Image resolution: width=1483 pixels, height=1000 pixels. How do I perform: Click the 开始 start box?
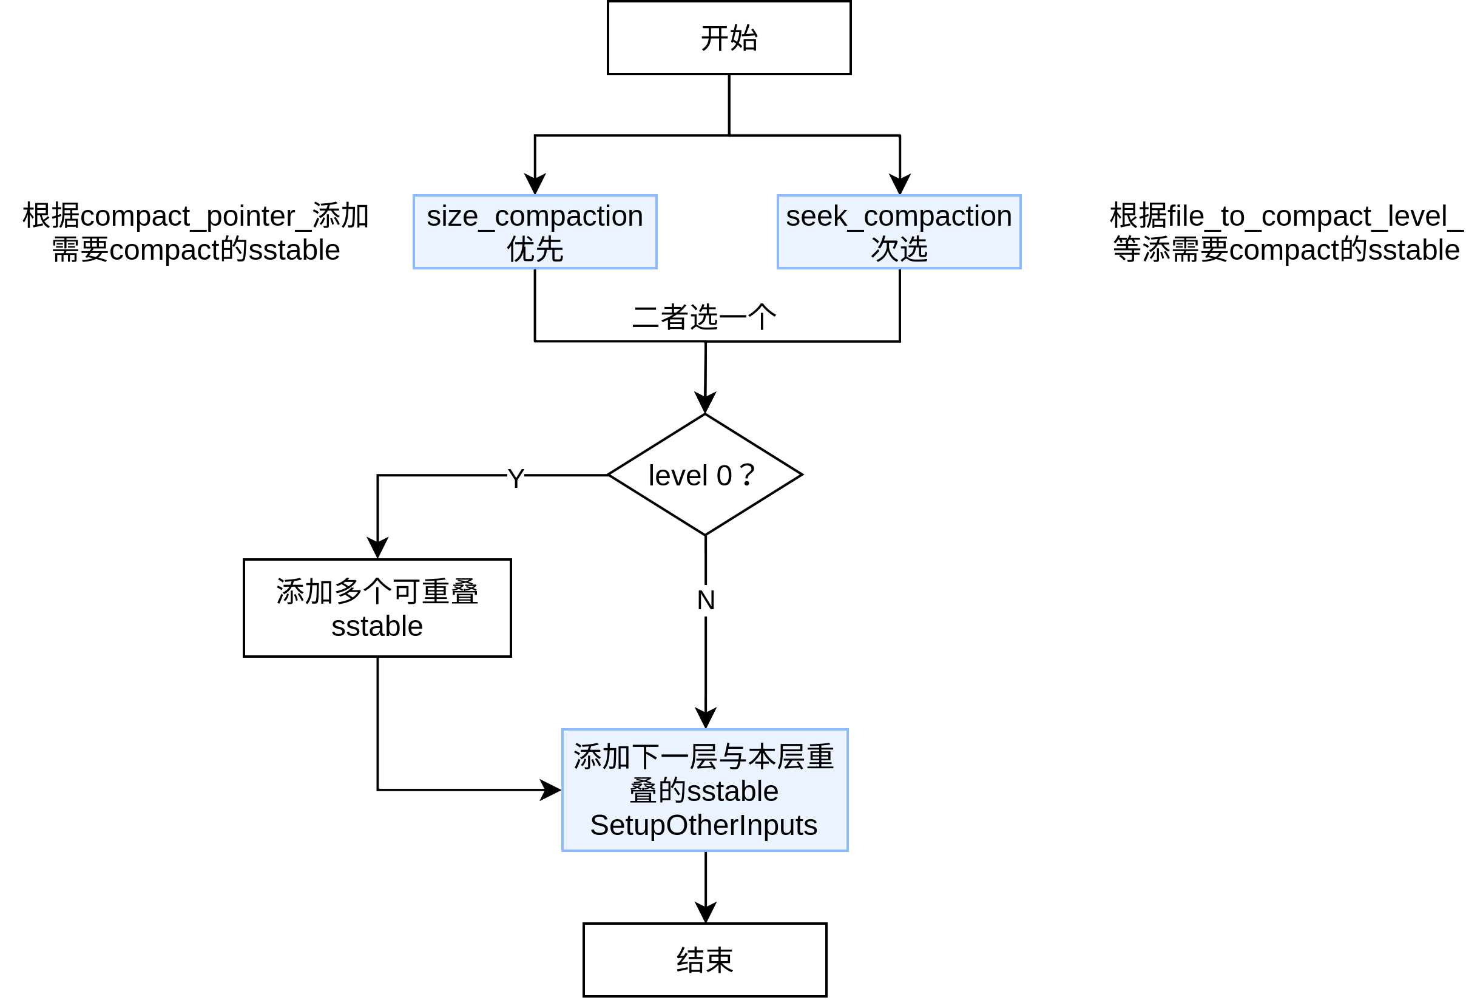click(729, 38)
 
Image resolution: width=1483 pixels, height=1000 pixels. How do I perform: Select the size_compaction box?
click(535, 232)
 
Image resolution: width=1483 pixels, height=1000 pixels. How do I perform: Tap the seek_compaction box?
click(899, 232)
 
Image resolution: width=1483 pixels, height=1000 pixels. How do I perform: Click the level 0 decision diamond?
click(704, 475)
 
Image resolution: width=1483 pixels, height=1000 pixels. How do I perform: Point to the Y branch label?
click(515, 479)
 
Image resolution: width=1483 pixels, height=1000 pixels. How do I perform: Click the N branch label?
click(706, 600)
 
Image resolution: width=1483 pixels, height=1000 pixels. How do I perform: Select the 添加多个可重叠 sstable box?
click(377, 608)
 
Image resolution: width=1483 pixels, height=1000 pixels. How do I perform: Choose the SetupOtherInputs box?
click(704, 789)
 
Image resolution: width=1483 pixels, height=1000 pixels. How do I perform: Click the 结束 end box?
click(704, 960)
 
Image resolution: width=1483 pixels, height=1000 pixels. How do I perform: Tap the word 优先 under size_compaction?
click(535, 249)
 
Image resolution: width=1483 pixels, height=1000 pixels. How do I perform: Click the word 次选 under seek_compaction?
click(899, 249)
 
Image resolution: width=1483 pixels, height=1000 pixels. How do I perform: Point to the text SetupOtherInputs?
click(703, 825)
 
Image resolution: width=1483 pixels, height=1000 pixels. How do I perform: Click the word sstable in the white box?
click(377, 626)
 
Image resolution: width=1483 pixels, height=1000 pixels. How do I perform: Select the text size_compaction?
click(535, 216)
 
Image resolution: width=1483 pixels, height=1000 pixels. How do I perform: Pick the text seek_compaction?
click(899, 216)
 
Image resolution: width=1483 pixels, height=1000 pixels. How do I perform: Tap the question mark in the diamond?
click(747, 475)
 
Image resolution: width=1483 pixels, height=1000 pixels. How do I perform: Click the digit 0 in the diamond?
click(724, 476)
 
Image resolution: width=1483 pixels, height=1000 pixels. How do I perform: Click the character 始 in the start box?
click(743, 38)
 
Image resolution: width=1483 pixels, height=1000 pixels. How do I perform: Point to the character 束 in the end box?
click(719, 961)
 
